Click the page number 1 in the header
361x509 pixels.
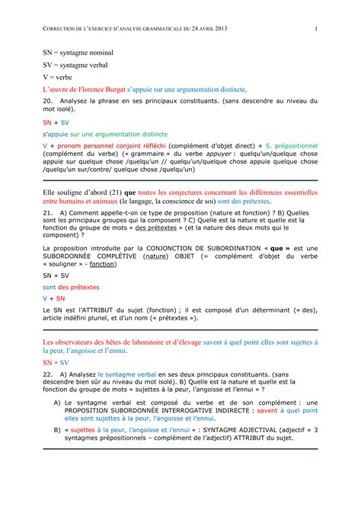(315, 29)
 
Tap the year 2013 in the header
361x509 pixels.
(218, 29)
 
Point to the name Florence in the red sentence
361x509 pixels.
(97, 89)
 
